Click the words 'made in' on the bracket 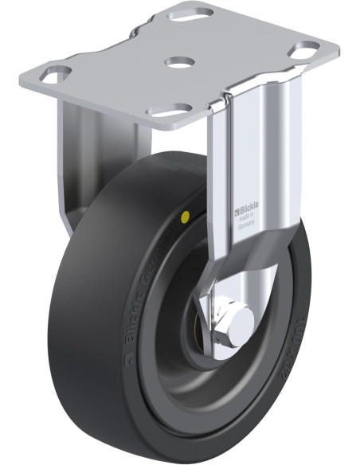point(246,218)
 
